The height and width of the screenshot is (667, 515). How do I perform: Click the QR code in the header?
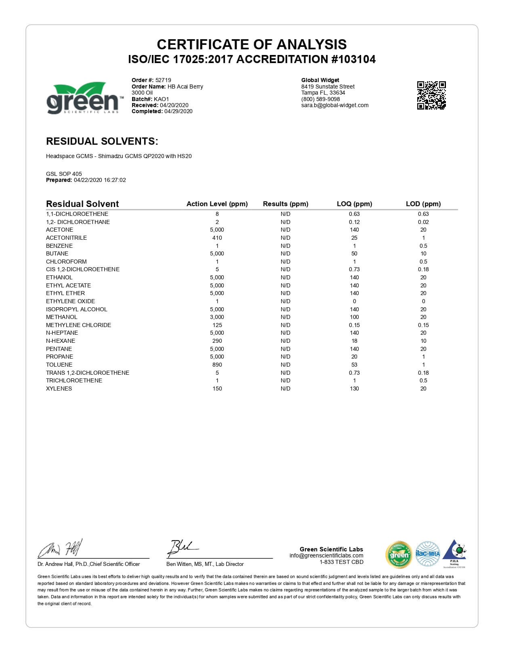431,95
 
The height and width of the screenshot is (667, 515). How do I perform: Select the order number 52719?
163,80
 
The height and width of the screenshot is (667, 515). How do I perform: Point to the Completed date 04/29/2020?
178,111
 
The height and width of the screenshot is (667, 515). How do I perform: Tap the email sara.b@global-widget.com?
335,105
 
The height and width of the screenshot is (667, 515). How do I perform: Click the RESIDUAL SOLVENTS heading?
102,141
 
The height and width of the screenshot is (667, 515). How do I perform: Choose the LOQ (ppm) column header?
354,204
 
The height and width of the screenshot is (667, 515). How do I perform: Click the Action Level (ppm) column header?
217,204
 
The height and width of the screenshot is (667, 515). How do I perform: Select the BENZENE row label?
59,246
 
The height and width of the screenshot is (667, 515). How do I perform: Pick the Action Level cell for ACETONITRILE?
217,238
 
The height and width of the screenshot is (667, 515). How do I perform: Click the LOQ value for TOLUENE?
354,365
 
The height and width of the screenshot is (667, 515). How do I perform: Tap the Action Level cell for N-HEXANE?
217,341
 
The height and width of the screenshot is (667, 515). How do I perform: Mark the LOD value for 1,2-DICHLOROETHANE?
423,222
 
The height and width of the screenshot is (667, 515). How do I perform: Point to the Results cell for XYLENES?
285,388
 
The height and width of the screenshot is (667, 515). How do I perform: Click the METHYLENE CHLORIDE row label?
78,325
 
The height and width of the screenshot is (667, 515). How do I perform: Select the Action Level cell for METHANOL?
217,317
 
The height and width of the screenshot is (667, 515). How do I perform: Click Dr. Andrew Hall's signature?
61,549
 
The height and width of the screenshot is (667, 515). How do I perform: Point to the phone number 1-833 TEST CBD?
341,562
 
